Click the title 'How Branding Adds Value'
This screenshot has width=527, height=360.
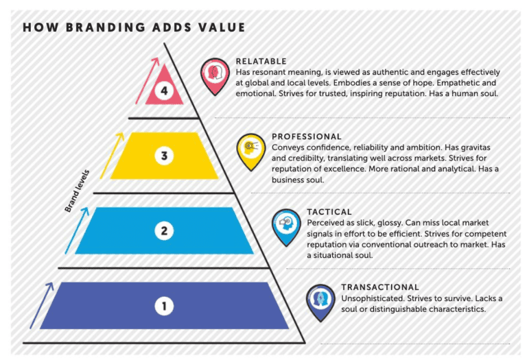[x=134, y=27]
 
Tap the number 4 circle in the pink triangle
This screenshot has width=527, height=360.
[x=164, y=91]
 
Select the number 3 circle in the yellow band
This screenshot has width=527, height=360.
[x=164, y=156]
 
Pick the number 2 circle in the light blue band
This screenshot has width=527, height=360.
[x=164, y=230]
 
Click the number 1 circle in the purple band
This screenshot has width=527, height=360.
[x=164, y=306]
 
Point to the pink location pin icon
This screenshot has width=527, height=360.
[x=215, y=76]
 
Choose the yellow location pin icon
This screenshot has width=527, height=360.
[x=250, y=152]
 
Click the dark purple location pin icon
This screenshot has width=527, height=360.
[x=320, y=302]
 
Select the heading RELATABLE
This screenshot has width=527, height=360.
[x=261, y=62]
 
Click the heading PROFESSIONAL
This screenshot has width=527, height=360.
[x=307, y=136]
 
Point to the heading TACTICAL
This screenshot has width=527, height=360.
[x=329, y=212]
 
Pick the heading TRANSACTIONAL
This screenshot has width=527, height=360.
[x=380, y=287]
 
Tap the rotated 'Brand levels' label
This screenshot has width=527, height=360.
[x=77, y=191]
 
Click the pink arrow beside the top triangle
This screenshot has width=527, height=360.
[x=148, y=81]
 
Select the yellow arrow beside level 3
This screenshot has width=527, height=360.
[x=112, y=156]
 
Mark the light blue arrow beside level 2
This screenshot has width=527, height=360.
[x=77, y=230]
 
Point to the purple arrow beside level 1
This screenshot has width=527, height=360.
[x=42, y=306]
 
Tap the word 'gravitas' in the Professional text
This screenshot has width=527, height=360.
[x=476, y=147]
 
